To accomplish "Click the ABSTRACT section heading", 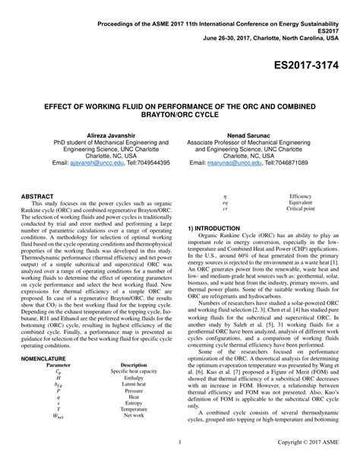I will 37,196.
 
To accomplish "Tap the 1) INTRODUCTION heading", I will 213,227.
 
